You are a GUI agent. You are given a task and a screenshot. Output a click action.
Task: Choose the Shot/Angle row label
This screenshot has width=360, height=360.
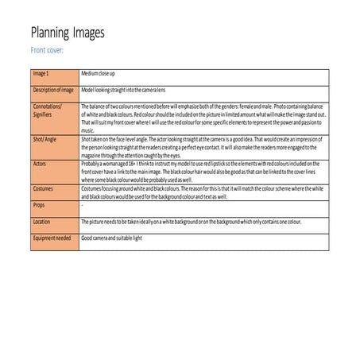click(47, 137)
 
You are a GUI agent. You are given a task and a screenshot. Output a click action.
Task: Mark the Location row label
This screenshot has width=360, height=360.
click(42, 222)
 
